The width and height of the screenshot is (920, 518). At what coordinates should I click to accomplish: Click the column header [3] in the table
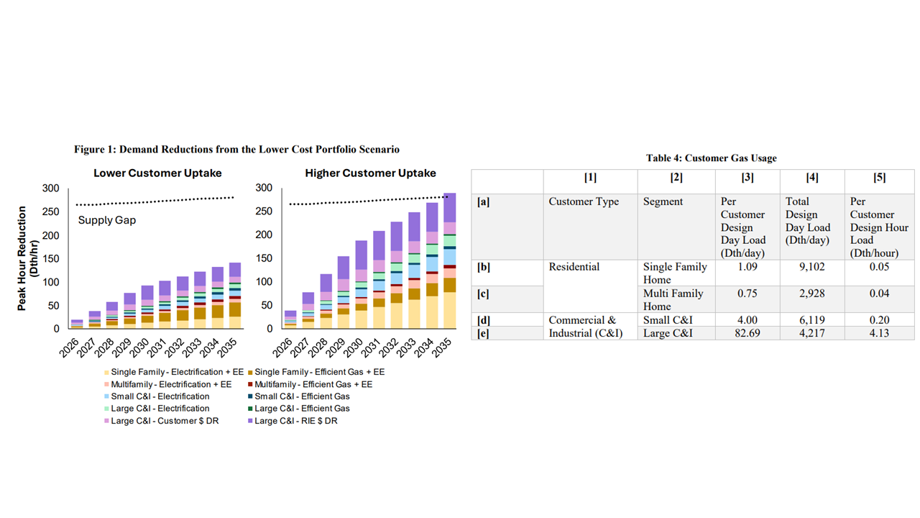747,178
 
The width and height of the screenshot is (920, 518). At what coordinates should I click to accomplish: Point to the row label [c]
483,294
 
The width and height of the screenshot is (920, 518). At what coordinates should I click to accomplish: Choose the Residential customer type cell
575,267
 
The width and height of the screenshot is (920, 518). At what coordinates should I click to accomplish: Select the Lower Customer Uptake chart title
157,173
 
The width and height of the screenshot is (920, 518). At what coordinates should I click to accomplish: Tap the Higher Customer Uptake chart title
370,173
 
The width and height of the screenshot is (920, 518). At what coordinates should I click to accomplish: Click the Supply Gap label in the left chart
107,220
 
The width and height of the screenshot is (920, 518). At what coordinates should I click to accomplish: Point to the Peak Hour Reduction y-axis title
27,258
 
